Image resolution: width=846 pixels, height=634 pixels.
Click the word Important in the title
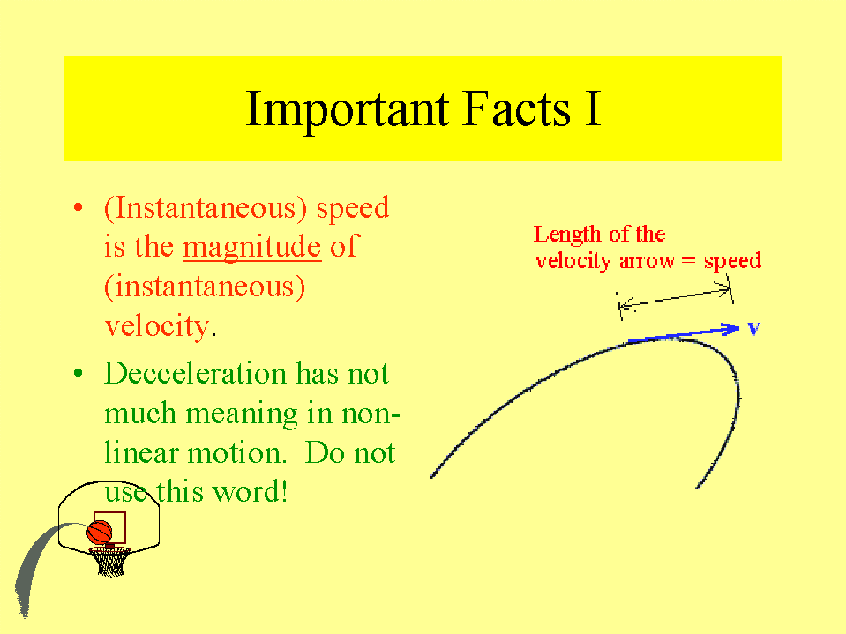348,110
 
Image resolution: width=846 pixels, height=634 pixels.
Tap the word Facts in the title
516,109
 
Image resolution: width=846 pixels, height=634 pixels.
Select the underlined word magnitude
252,248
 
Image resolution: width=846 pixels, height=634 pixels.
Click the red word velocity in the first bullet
156,327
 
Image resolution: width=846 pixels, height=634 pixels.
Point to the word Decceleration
195,373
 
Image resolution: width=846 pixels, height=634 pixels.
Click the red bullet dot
79,207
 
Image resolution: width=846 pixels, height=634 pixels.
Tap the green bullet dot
79,373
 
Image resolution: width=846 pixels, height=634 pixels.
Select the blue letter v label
753,328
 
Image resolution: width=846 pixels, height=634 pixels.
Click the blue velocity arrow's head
733,328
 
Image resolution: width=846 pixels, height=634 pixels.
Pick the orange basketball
100,533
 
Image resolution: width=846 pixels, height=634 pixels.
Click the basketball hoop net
110,562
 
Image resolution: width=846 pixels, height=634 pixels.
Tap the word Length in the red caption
567,235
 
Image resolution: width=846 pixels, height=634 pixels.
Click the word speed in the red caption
732,262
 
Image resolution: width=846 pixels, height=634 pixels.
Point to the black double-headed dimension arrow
675,298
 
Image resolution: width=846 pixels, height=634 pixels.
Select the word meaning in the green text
241,415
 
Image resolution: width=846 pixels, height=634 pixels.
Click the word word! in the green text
251,492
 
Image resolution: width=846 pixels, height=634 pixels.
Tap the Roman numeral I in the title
593,109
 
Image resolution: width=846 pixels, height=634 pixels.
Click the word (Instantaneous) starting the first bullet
206,208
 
